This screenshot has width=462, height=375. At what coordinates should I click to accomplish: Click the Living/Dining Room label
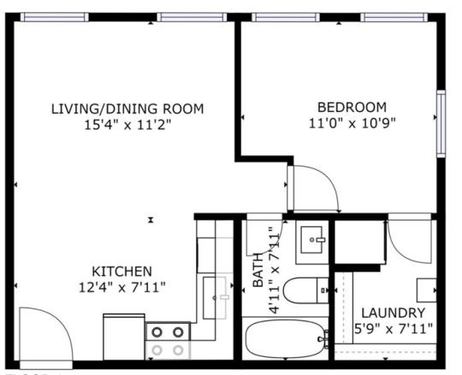click(127, 108)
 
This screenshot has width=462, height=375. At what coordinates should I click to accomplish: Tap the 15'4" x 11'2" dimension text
click(127, 125)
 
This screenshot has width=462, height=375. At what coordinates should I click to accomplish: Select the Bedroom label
click(352, 107)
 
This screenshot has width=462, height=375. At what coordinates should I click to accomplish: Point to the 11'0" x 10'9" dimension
click(352, 123)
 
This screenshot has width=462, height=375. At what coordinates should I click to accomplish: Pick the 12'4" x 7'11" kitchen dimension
click(122, 285)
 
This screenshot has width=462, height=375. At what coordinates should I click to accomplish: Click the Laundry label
click(393, 312)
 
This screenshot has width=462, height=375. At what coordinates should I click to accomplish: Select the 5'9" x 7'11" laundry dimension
click(393, 328)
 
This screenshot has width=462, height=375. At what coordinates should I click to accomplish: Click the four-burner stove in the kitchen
click(167, 340)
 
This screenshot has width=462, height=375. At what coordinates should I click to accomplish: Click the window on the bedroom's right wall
click(441, 124)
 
